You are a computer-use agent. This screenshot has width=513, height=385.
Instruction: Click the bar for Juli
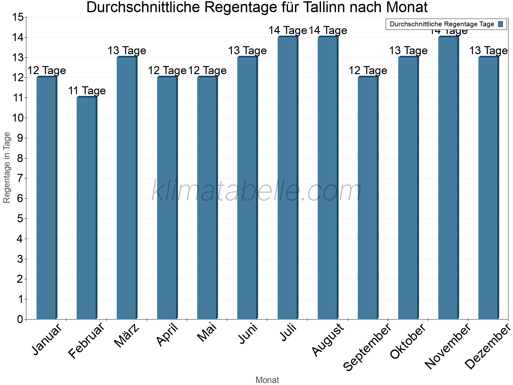288,178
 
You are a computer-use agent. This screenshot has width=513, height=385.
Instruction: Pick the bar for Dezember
489,188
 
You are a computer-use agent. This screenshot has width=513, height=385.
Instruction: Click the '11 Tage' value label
87,91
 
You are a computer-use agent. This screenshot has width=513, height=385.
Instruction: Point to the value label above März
127,51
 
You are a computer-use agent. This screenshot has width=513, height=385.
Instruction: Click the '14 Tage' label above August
328,30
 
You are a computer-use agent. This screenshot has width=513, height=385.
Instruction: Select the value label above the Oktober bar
408,51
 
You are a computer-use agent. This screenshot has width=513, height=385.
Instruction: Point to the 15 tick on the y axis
18,17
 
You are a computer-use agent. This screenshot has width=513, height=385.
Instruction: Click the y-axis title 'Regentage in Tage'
7,167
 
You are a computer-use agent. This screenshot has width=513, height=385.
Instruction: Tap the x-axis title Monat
267,380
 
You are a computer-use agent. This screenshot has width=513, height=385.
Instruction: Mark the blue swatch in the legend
500,24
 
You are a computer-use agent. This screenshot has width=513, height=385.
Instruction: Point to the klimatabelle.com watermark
256,191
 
